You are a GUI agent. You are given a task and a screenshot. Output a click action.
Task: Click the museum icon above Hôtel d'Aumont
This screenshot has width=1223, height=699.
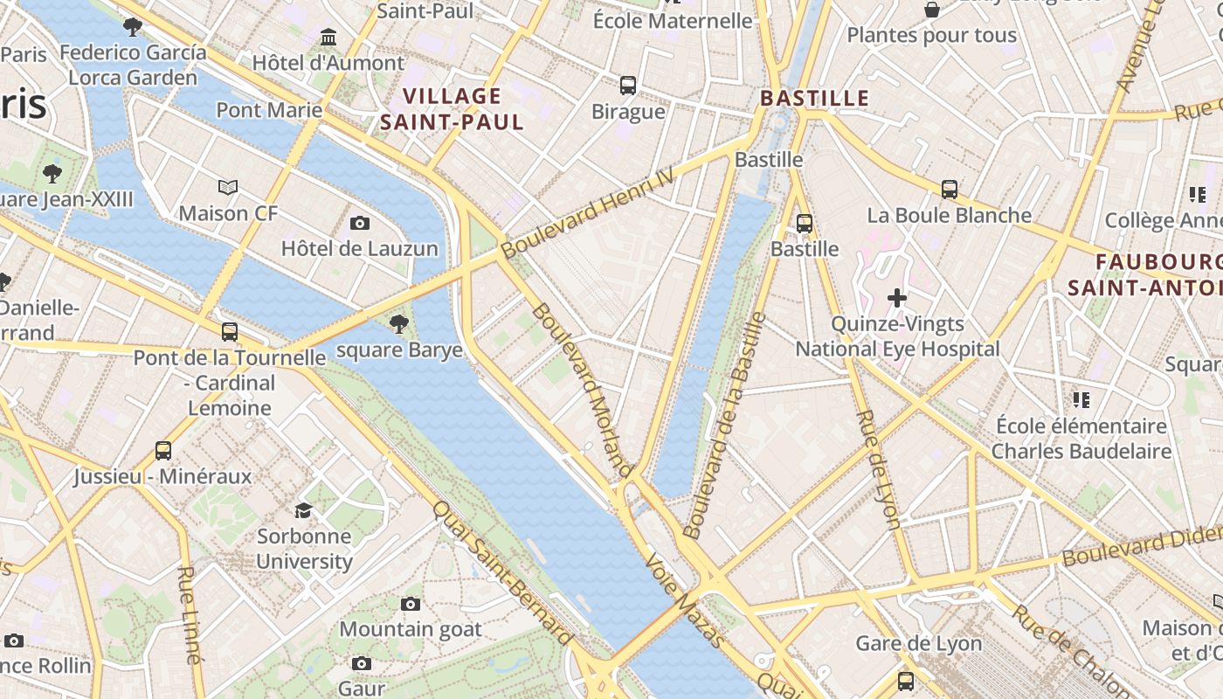click(328, 38)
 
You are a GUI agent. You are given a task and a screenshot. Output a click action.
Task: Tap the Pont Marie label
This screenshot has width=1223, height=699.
click(269, 110)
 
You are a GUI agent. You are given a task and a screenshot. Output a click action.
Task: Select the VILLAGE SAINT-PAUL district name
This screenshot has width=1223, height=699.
click(452, 109)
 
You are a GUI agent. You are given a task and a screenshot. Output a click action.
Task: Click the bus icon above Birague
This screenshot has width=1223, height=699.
click(628, 86)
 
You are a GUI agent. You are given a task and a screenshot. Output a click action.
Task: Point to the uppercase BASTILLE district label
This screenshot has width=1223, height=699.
click(814, 98)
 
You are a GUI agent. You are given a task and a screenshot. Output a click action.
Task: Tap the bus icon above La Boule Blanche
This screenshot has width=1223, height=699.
click(949, 190)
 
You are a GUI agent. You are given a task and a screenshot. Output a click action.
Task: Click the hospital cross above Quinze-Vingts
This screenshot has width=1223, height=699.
click(896, 298)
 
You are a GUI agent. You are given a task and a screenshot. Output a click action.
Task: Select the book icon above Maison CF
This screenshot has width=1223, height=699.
click(228, 187)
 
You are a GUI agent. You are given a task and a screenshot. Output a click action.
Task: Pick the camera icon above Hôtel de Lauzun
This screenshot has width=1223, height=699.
click(359, 223)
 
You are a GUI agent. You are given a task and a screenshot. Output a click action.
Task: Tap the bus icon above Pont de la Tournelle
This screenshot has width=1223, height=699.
click(229, 332)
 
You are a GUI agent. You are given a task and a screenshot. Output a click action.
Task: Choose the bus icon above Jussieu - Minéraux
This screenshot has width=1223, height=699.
click(163, 451)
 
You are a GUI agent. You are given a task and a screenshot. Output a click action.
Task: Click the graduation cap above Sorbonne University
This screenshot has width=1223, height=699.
click(303, 510)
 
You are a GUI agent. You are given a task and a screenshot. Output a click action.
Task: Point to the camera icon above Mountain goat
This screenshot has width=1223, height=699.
click(410, 604)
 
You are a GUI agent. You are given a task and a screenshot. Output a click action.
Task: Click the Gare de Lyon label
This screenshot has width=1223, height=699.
click(918, 644)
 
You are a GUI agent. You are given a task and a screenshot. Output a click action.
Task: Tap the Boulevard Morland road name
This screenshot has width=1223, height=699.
click(580, 389)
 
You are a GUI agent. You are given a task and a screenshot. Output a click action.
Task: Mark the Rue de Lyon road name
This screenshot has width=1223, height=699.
click(878, 469)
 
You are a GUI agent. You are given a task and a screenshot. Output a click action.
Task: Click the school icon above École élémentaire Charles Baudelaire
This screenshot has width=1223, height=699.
click(1081, 400)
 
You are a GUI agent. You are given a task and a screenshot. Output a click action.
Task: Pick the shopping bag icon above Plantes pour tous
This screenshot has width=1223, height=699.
click(932, 10)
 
